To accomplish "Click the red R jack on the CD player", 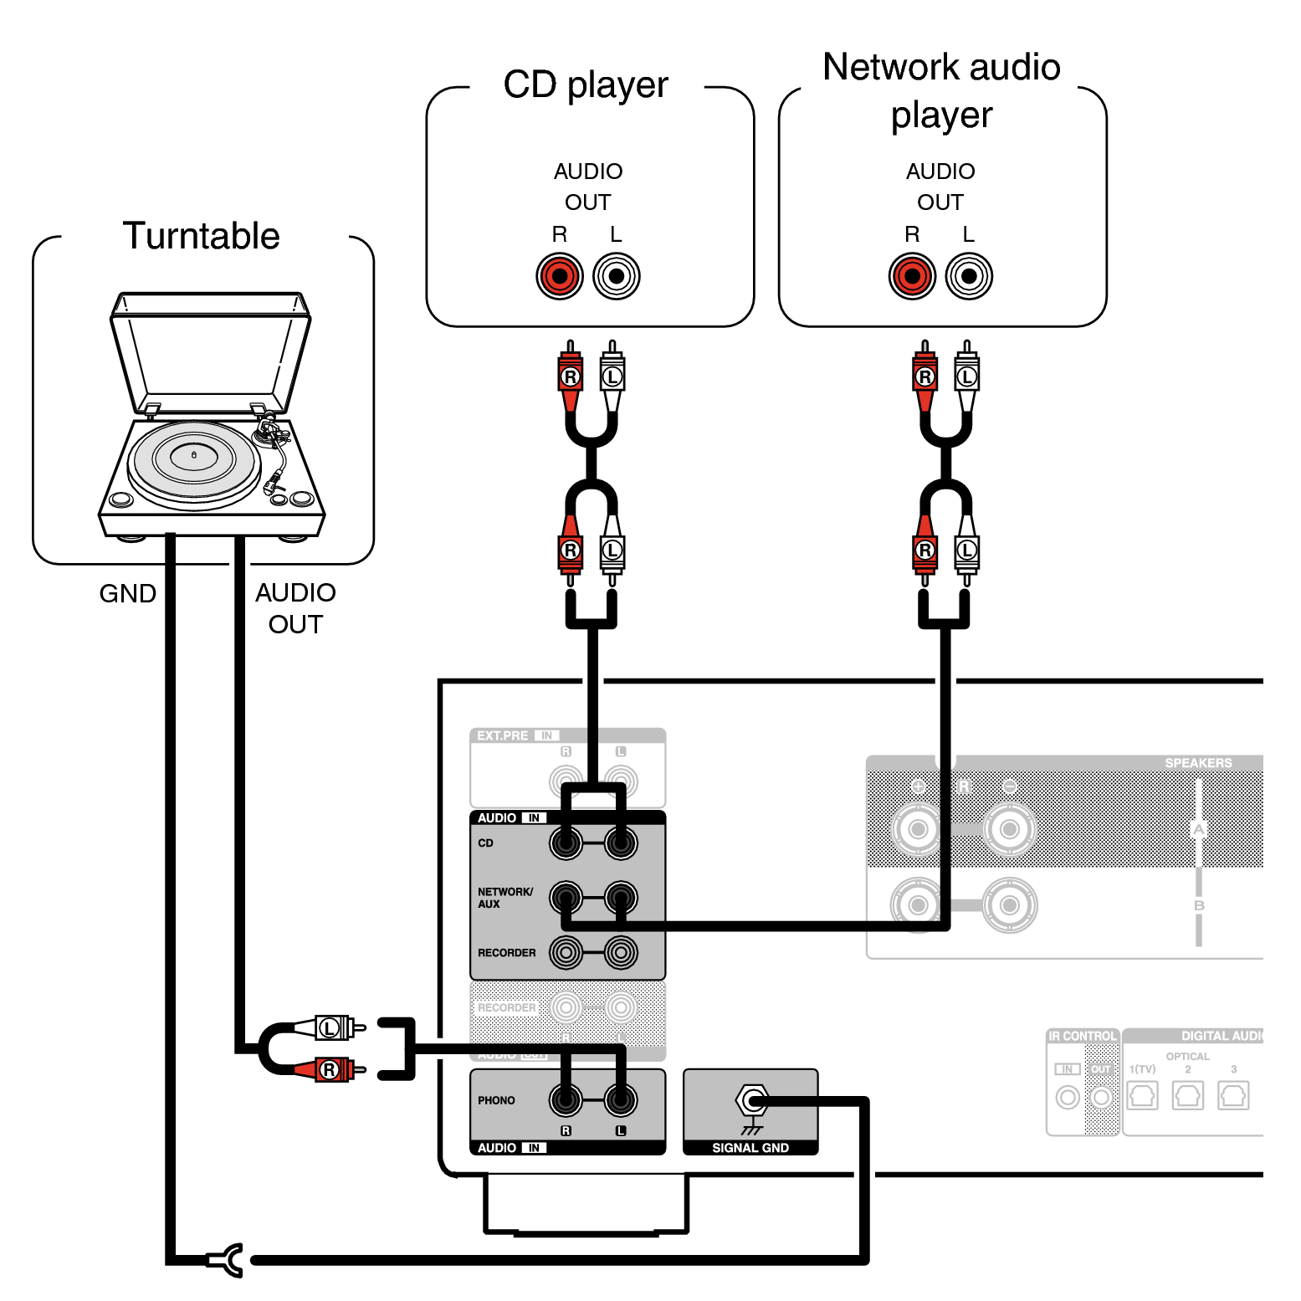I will (x=560, y=276).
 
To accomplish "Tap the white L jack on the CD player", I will (x=617, y=276).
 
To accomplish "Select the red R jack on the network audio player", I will (x=912, y=276).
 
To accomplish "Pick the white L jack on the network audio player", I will (x=969, y=276).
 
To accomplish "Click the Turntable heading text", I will (x=201, y=236).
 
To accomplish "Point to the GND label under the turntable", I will (x=127, y=593).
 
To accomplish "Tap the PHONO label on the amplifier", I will (x=496, y=1100).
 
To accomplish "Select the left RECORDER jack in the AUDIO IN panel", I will (x=566, y=952).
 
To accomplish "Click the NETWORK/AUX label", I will (x=505, y=898).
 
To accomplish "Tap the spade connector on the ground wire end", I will (x=226, y=1260).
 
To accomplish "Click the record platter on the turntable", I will (x=194, y=459).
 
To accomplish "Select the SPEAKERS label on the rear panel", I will (x=1197, y=763).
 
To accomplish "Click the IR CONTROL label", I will (x=1082, y=1036).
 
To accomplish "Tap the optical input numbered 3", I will (x=1233, y=1095).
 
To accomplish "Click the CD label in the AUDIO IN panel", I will (x=485, y=843).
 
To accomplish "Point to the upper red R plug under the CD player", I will (x=571, y=377).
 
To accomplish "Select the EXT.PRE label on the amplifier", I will (x=502, y=735).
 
